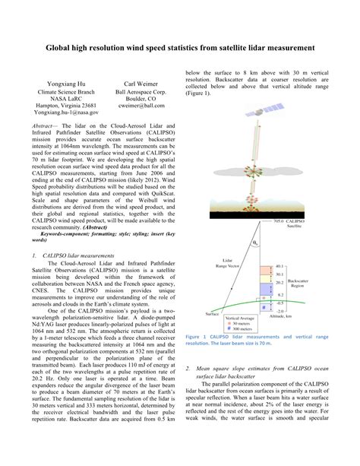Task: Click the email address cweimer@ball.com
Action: click(141, 107)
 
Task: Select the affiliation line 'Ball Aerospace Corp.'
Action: click(141, 90)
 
